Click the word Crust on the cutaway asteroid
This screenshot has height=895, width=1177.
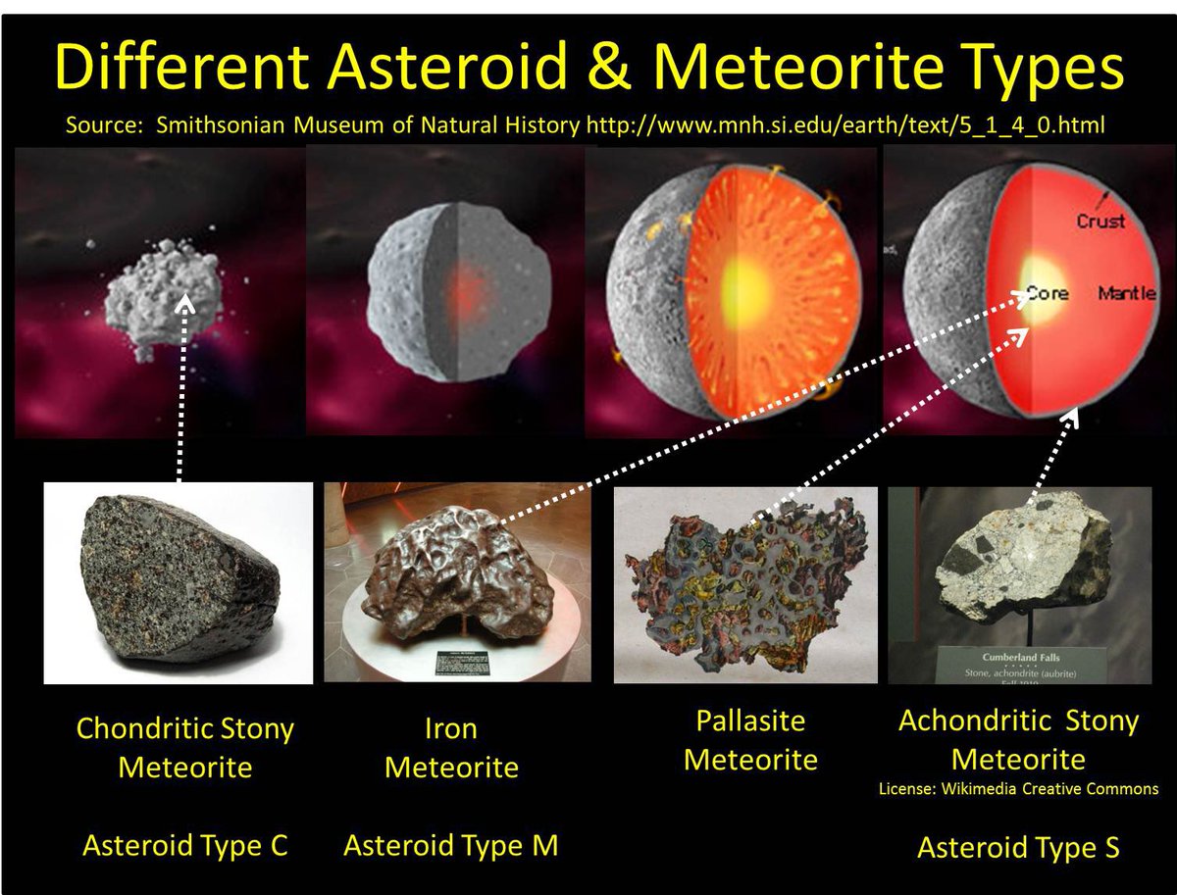pyautogui.click(x=1100, y=222)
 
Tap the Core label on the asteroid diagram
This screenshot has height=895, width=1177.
pyautogui.click(x=1047, y=294)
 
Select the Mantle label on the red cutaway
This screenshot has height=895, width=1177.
pyautogui.click(x=1126, y=294)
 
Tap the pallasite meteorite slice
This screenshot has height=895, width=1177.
pyautogui.click(x=745, y=582)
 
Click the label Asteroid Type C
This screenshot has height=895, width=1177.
pyautogui.click(x=184, y=845)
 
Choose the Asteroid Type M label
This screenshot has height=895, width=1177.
pyautogui.click(x=450, y=845)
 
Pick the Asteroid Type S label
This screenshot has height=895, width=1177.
pyautogui.click(x=1017, y=848)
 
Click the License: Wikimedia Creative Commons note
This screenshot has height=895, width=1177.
pyautogui.click(x=1018, y=788)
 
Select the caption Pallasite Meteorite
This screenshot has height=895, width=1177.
pyautogui.click(x=750, y=740)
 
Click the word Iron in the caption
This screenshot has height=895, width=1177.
pyautogui.click(x=450, y=729)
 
